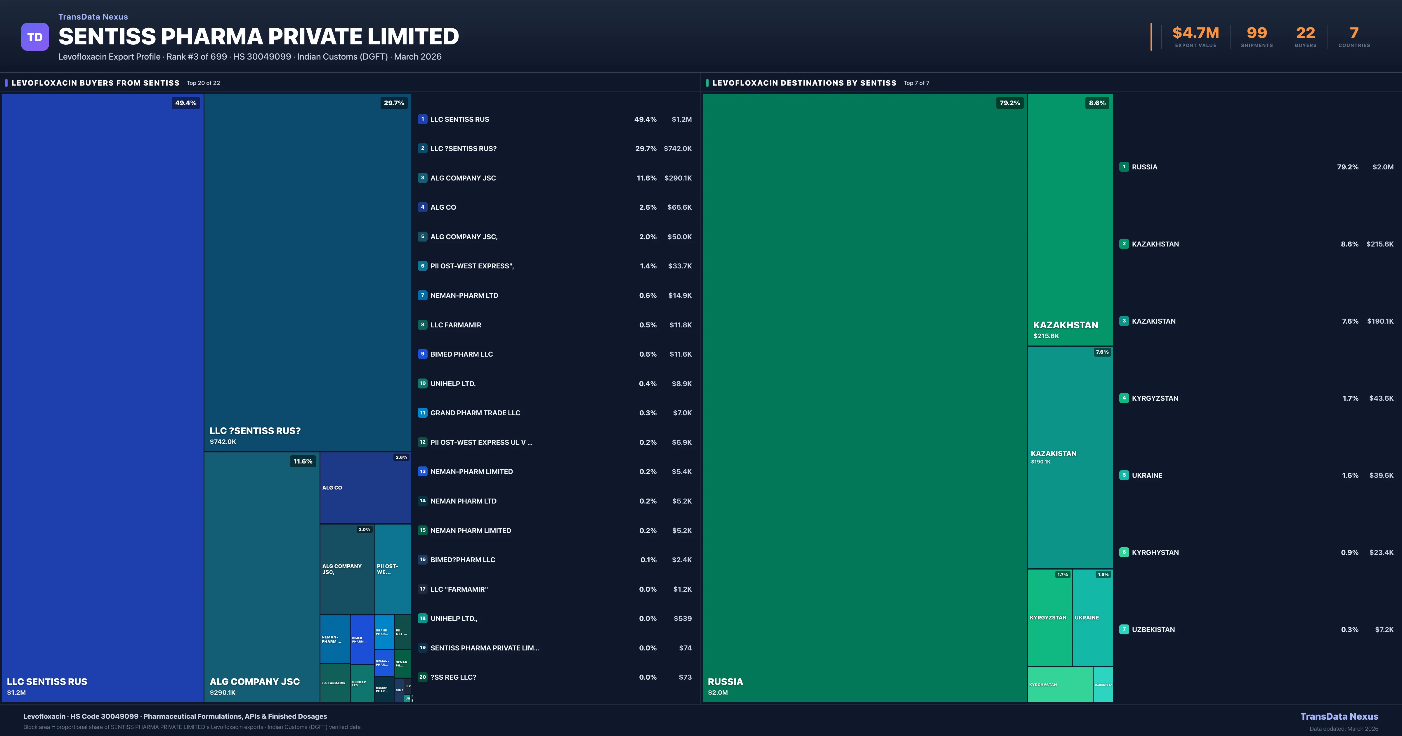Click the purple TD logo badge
[x=35, y=37]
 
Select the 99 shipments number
[x=1257, y=33]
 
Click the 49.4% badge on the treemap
[x=185, y=103]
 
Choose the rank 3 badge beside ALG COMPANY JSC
[x=422, y=178]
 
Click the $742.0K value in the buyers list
[x=678, y=149]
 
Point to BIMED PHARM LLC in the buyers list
[x=461, y=354]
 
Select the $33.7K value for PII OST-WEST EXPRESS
[x=680, y=266]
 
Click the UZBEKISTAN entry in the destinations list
[x=1153, y=630]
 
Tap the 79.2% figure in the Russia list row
[x=1348, y=167]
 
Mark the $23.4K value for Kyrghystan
[x=1381, y=553]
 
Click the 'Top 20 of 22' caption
[x=203, y=83]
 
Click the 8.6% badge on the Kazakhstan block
[x=1097, y=103]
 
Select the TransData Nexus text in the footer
[x=1339, y=716]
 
